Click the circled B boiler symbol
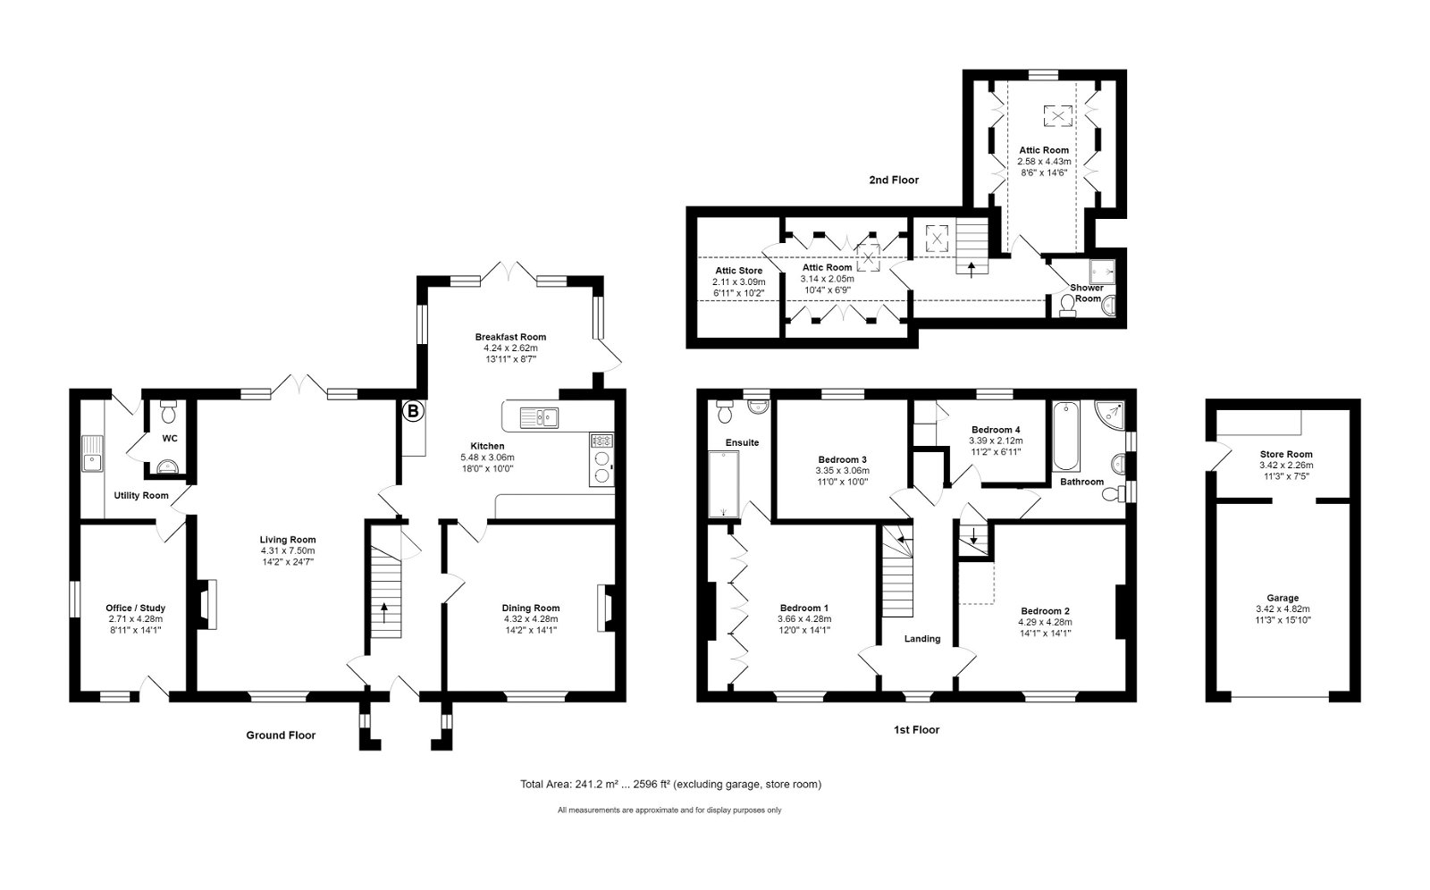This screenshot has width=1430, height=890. click(x=413, y=412)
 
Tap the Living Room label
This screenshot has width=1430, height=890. click(x=287, y=540)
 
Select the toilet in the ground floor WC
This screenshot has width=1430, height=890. click(x=169, y=412)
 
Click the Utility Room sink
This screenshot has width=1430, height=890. click(x=92, y=453)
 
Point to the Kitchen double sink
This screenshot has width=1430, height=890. click(x=540, y=417)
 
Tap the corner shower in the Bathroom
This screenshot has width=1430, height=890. click(x=1109, y=415)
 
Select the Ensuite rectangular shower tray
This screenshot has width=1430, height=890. click(x=723, y=484)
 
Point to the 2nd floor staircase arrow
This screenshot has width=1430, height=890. click(x=972, y=269)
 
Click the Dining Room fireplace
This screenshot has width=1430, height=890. click(x=604, y=608)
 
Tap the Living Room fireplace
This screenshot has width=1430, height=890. click(x=207, y=604)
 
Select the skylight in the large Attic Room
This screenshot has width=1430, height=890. click(x=1058, y=115)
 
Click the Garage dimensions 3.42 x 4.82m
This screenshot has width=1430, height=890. click(x=1283, y=609)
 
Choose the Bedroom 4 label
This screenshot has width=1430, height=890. click(x=996, y=430)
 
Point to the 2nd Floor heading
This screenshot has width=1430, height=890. click(x=894, y=180)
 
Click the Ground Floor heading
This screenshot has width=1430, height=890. click(x=281, y=735)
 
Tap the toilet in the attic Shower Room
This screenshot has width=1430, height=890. click(x=1067, y=306)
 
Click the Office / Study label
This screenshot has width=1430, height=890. click(x=135, y=608)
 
